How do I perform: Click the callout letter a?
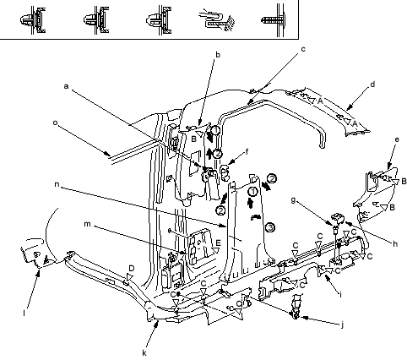click(66, 86)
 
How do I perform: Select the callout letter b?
click(217, 54)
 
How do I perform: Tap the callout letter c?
click(303, 49)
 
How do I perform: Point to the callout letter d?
click(372, 84)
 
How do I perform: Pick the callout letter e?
click(397, 139)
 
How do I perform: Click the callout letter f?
click(247, 152)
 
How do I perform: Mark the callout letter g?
click(293, 200)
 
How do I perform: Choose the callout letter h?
click(395, 243)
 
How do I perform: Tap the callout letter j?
click(342, 325)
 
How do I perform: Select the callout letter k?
click(144, 353)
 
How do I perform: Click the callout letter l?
click(24, 313)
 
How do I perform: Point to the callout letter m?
click(88, 224)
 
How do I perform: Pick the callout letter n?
click(57, 184)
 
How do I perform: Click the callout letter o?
click(55, 123)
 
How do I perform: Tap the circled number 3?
click(270, 227)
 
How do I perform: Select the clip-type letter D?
click(132, 268)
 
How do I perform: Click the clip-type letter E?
click(218, 243)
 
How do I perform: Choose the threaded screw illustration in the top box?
click(274, 20)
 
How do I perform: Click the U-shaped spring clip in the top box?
click(217, 19)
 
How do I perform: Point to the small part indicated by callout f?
click(225, 172)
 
